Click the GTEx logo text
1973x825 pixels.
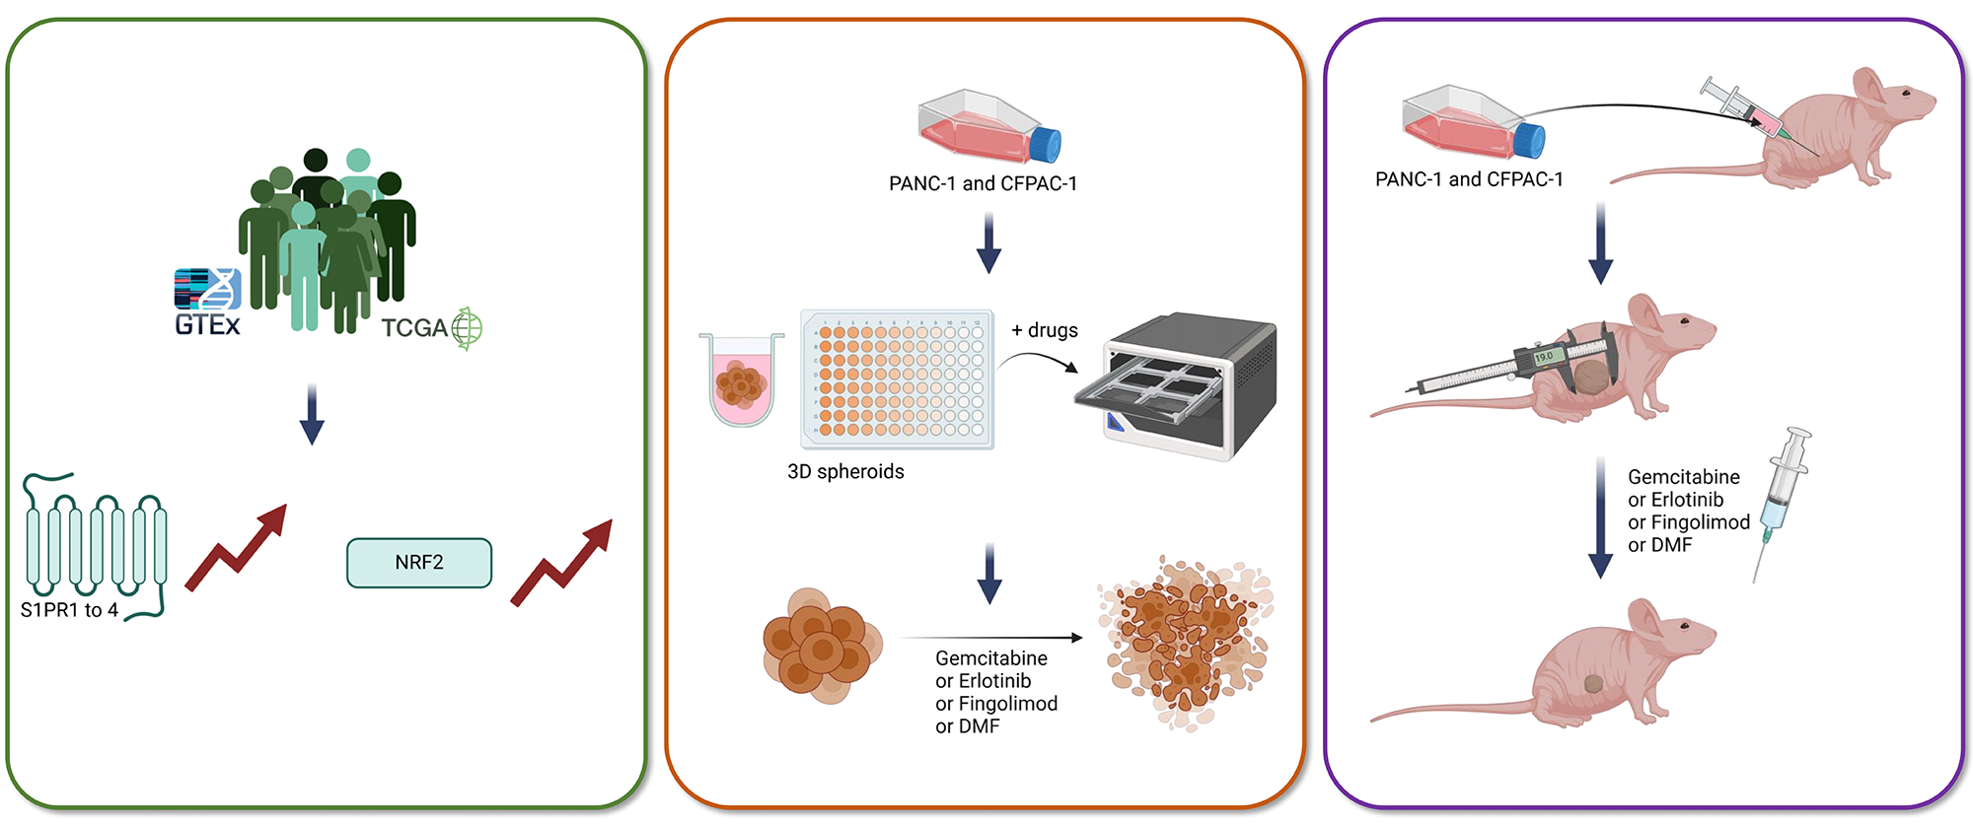pyautogui.click(x=207, y=324)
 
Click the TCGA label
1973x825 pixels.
pyautogui.click(x=414, y=328)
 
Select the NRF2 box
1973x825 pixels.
pyautogui.click(x=419, y=563)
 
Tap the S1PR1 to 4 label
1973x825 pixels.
pyautogui.click(x=69, y=610)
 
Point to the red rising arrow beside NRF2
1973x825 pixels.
pyautogui.click(x=563, y=563)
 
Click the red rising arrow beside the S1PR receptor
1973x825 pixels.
pyautogui.click(x=238, y=548)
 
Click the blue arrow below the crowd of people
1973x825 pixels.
pyautogui.click(x=312, y=415)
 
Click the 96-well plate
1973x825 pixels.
pyautogui.click(x=898, y=379)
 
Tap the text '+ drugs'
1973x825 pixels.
pyautogui.click(x=1045, y=330)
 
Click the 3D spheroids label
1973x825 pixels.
pyautogui.click(x=845, y=471)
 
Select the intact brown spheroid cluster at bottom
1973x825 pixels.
pyautogui.click(x=821, y=646)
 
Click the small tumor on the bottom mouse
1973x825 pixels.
pyautogui.click(x=1593, y=683)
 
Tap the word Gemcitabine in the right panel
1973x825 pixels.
pyautogui.click(x=1683, y=477)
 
